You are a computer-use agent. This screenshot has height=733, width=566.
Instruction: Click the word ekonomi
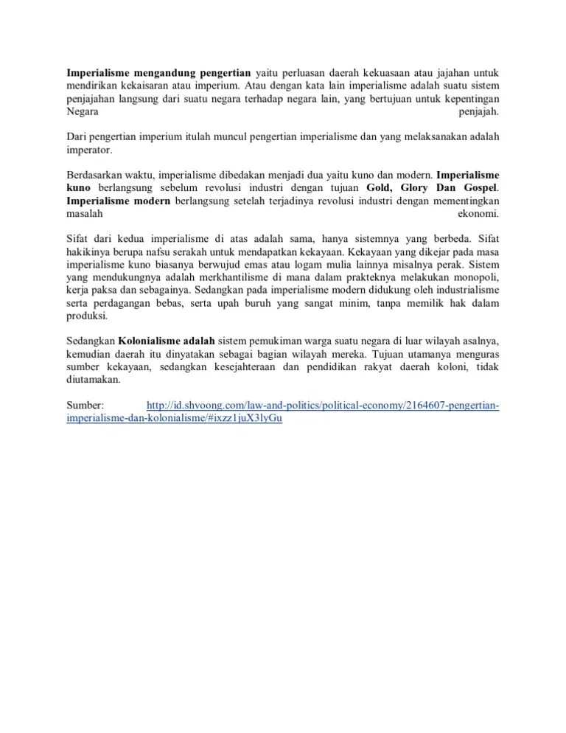pos(478,214)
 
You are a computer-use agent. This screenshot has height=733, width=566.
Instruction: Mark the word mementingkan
pos(464,201)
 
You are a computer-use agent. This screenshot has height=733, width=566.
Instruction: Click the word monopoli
pos(475,277)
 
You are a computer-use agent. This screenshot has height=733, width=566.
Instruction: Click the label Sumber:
pos(85,406)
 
